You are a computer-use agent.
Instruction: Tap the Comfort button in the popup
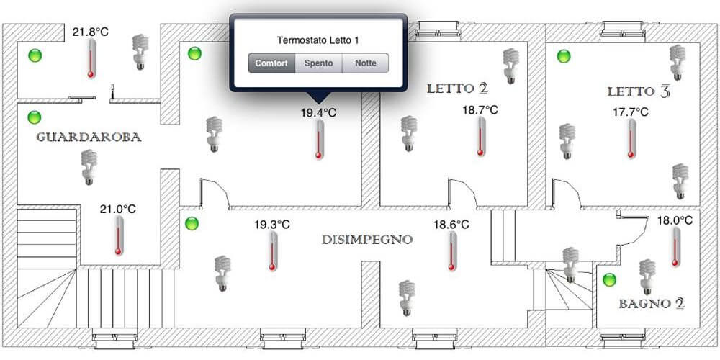point(272,63)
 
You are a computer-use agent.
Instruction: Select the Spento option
point(319,63)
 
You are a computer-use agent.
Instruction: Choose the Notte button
point(366,63)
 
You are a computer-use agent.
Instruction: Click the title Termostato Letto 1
point(318,40)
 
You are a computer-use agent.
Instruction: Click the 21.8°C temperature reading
point(91,32)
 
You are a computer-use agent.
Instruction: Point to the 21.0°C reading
point(118,210)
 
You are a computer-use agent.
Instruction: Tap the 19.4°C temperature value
point(319,113)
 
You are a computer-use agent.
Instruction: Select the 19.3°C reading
point(272,225)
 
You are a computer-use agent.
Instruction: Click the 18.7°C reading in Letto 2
point(480,110)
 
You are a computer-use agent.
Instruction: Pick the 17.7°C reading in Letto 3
point(631,112)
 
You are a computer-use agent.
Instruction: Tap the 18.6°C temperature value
point(451,225)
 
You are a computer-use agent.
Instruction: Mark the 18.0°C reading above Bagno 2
point(675,220)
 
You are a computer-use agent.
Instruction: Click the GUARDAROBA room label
point(89,138)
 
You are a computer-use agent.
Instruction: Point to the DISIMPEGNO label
point(367,240)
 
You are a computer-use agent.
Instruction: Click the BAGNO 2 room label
point(652,304)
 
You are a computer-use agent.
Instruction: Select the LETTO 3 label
point(639,91)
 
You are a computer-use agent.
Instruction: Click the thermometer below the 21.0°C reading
point(119,235)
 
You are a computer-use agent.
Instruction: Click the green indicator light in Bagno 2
point(609,279)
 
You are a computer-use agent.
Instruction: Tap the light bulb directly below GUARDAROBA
point(89,168)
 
